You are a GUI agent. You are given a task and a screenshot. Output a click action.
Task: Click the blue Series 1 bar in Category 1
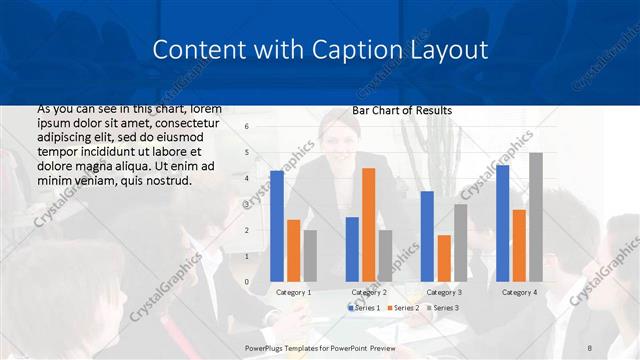[x=277, y=226]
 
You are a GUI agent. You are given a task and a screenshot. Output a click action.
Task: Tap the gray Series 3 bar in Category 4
[x=536, y=217]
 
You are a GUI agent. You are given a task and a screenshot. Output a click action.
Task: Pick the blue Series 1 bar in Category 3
[x=427, y=236]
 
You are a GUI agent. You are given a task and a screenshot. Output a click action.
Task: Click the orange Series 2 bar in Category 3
[x=443, y=258]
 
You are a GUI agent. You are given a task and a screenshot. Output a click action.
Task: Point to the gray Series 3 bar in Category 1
[x=310, y=256]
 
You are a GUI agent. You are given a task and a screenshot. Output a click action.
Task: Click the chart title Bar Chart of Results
[x=402, y=110]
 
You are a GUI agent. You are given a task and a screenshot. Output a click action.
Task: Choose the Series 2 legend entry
[x=403, y=308]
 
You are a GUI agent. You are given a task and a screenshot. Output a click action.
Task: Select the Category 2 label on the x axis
[x=369, y=292]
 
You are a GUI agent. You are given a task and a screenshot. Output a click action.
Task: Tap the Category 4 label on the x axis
[x=519, y=292]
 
